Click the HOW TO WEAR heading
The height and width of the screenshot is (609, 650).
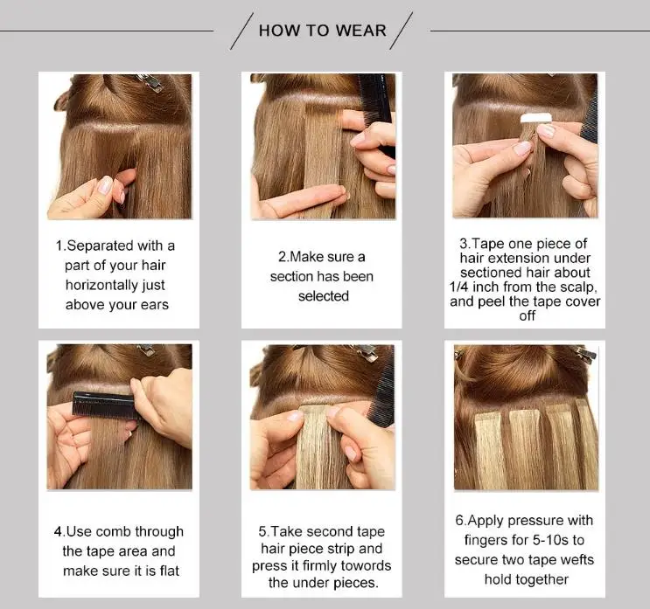click(322, 31)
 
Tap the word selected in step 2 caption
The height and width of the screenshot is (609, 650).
click(323, 296)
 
